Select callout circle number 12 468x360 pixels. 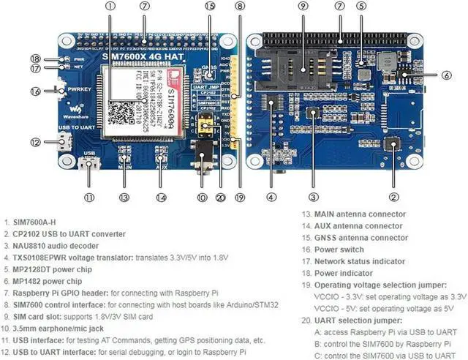coord(34,143)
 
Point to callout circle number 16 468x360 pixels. coord(34,91)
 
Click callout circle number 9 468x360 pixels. coord(303,6)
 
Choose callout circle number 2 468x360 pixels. coord(393,196)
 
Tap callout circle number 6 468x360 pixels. coord(446,74)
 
